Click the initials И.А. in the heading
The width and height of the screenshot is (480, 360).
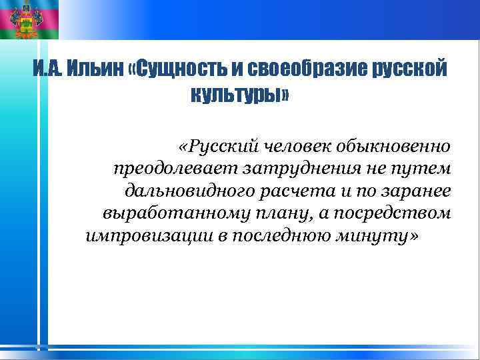pyautogui.click(x=49, y=70)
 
